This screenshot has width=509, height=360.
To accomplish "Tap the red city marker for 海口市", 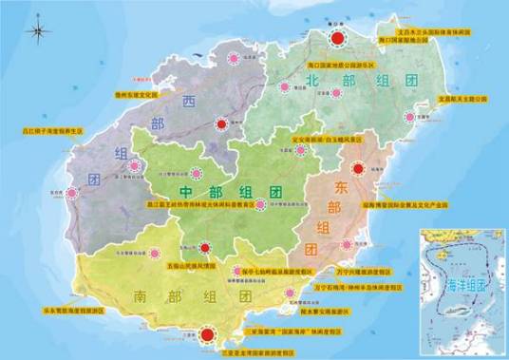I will (334, 38).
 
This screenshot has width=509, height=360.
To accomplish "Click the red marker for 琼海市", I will (358, 170).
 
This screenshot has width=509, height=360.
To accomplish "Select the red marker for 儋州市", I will (221, 123).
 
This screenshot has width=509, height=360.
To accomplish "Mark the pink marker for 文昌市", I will (409, 118).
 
